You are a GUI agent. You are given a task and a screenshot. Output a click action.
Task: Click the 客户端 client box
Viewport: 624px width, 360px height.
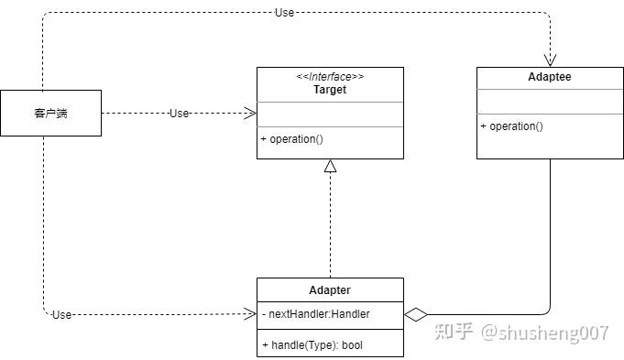50,114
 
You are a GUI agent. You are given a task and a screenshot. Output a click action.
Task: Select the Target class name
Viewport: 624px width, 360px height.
330,90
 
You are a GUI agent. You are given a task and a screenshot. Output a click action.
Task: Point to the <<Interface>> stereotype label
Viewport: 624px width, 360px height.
330,77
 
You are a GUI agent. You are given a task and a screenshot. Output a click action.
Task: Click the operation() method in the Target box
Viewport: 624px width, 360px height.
292,139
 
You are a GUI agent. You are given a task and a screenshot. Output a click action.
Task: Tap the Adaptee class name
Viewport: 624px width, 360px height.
550,77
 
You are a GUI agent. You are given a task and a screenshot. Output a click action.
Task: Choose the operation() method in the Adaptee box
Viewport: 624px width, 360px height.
512,126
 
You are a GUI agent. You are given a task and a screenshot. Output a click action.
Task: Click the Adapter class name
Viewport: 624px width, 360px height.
330,290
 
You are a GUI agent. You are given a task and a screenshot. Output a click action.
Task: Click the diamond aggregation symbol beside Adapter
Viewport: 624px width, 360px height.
416,314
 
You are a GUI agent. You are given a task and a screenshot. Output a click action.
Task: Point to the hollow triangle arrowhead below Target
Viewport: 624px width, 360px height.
330,166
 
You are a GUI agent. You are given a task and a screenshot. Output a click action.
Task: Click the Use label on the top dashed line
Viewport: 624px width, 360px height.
284,13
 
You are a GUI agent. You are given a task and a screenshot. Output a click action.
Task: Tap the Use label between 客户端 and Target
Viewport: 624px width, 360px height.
179,114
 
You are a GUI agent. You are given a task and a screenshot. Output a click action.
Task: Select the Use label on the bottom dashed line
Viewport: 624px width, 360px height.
61,314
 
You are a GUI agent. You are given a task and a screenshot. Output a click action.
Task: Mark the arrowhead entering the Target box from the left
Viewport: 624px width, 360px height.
249,114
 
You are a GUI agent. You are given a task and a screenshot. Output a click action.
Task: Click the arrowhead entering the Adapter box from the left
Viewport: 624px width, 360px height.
250,314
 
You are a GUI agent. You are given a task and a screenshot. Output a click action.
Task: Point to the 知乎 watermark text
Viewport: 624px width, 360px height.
455,332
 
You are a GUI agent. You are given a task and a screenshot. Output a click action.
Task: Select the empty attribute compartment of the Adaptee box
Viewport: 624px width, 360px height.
550,101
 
